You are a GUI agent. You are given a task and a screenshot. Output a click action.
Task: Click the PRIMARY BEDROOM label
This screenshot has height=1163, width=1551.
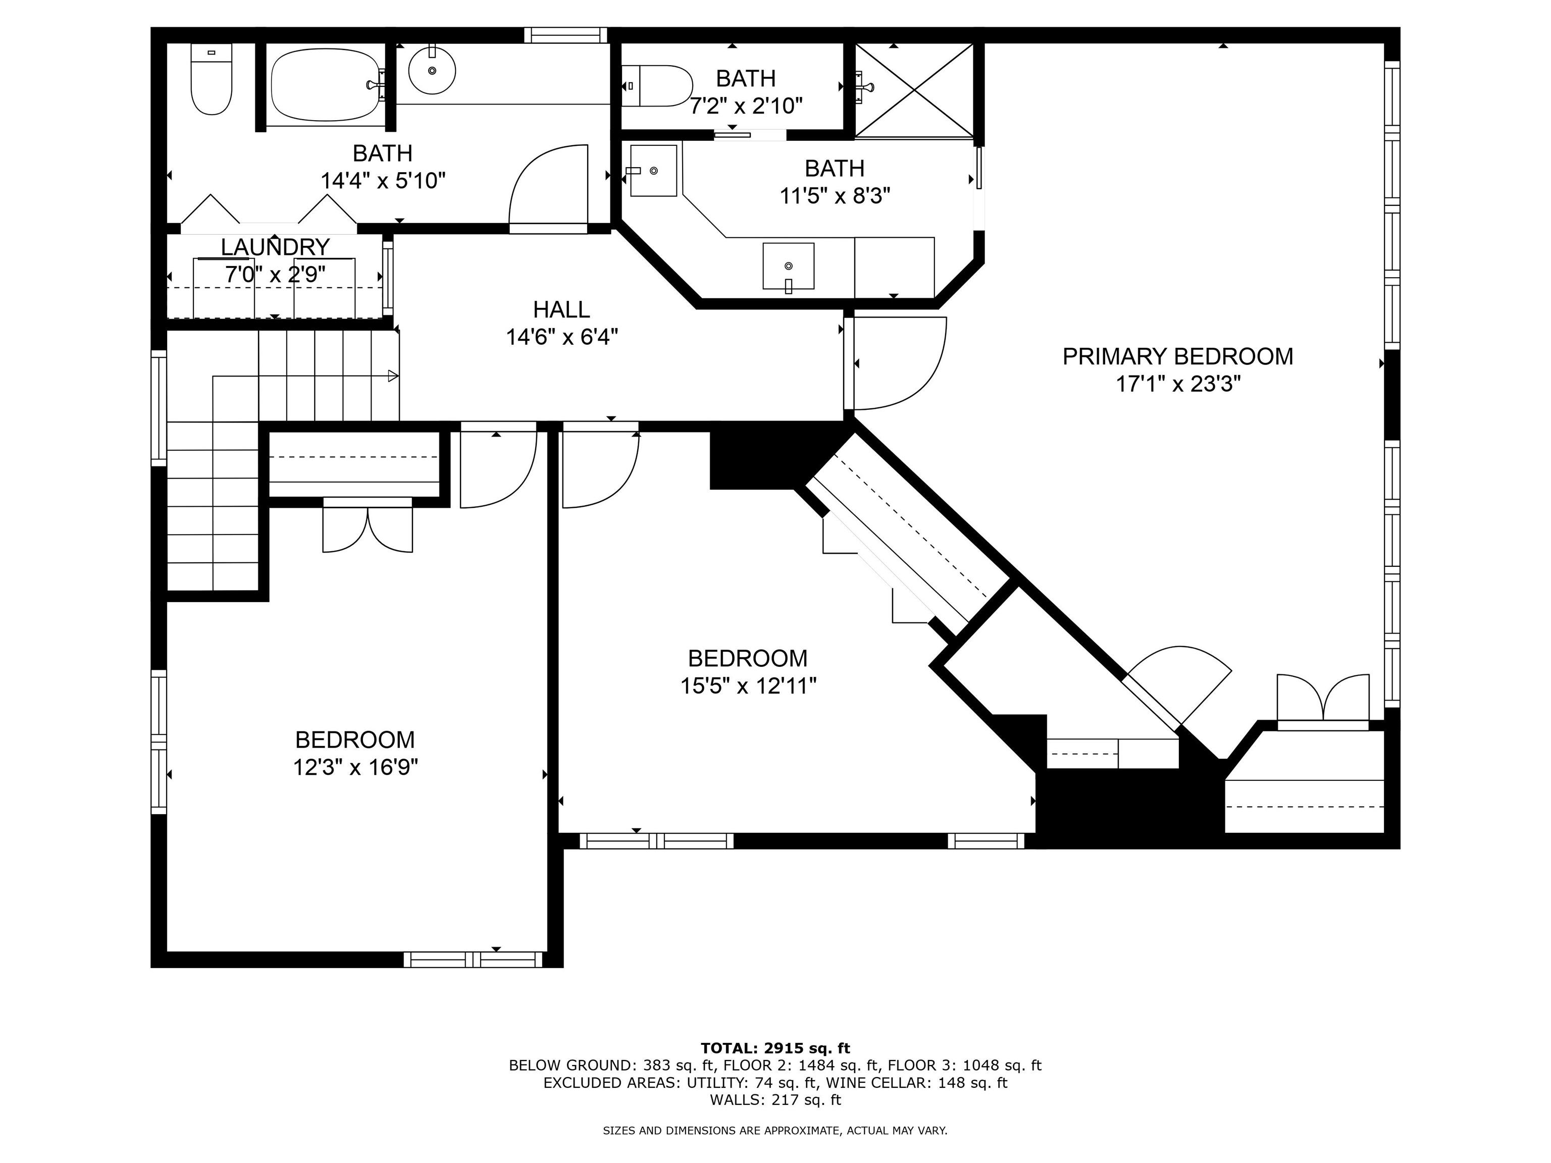[1177, 356]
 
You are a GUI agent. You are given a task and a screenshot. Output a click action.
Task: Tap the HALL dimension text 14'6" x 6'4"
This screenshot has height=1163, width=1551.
[561, 337]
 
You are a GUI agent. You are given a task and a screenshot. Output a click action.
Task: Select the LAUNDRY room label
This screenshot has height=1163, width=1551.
[275, 247]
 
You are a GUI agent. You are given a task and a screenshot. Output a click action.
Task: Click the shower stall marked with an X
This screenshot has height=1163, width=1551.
[914, 90]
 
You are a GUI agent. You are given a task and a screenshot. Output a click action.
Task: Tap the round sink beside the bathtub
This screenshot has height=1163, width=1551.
[432, 70]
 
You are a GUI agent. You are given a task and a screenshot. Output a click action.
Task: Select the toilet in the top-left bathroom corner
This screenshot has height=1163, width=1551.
[211, 79]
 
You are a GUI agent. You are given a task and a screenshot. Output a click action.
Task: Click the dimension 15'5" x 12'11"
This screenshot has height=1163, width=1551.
[748, 685]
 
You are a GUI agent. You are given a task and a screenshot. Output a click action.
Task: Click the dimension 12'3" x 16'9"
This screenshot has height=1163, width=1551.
[355, 767]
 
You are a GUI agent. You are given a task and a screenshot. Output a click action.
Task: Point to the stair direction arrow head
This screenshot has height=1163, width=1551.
[393, 377]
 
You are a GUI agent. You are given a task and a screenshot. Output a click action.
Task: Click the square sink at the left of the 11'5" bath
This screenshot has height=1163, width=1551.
[653, 170]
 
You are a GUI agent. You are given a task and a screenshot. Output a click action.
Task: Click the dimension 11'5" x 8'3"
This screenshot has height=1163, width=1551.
[835, 195]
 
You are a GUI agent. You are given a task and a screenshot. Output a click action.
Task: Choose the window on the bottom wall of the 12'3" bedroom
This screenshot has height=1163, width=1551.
[473, 959]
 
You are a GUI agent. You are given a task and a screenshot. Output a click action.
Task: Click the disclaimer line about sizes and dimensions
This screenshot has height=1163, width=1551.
[775, 1130]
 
